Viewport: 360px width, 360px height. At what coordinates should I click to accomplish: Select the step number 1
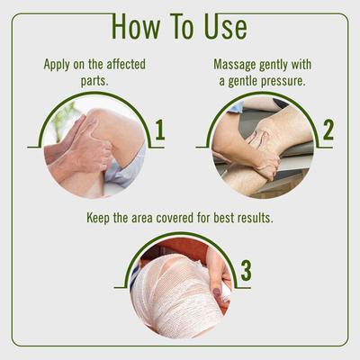click(159, 130)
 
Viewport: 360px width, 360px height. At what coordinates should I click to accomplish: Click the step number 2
click(328, 130)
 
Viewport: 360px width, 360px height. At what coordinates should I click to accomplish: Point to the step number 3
click(246, 271)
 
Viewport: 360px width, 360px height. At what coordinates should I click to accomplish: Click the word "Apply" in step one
click(60, 65)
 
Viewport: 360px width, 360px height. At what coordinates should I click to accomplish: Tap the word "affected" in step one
click(120, 65)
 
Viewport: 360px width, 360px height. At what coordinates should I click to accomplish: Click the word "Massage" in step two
click(237, 65)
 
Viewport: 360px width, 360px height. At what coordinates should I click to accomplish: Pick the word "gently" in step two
click(286, 65)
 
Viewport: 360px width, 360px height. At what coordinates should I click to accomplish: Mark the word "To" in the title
click(184, 26)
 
